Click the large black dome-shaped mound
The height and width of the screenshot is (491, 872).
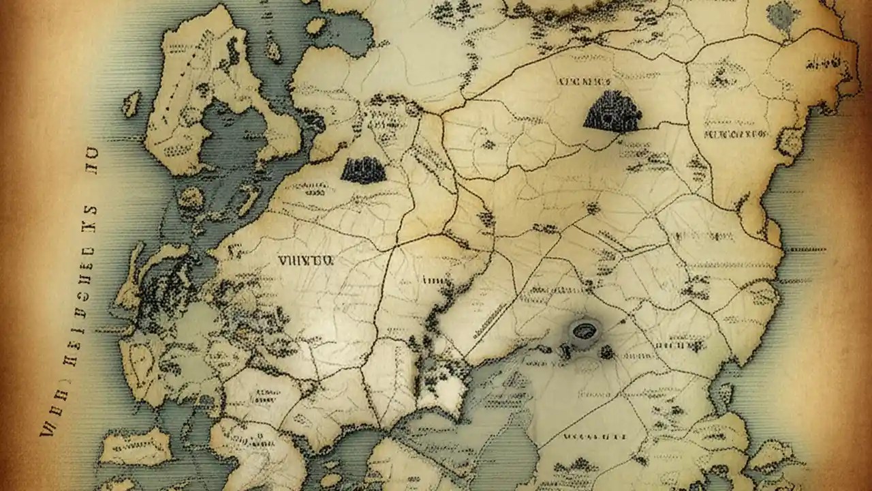pos(612,112)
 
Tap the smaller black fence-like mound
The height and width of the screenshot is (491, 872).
pos(363,170)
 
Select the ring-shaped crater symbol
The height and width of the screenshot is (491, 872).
pos(583,331)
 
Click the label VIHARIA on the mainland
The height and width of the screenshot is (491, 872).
pos(304,260)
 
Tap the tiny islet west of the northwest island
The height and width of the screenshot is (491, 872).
pos(131,104)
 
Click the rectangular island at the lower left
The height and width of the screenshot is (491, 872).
pos(136,447)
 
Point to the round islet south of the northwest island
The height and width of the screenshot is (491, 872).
pos(191,198)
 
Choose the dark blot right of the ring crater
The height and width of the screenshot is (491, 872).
pos(606,352)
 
